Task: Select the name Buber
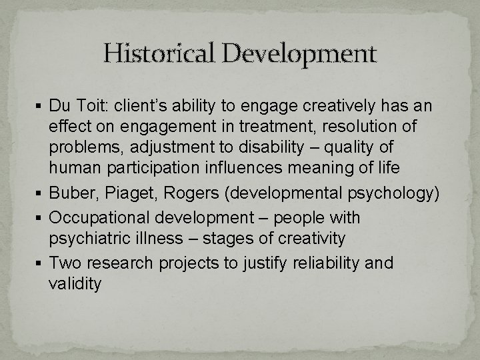tap(71, 193)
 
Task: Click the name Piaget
tap(128, 193)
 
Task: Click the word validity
tap(75, 284)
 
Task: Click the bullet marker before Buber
tap(41, 193)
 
